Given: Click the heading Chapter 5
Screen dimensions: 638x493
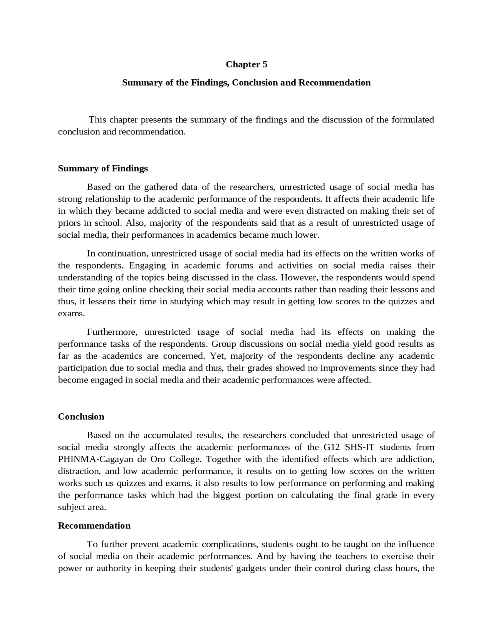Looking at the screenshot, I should click(246, 64).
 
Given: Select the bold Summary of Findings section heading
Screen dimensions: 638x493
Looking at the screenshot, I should click(103, 168).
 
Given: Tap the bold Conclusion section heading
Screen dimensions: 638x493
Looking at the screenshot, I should click(81, 416).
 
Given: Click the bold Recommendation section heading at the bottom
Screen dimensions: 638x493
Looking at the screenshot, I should click(94, 526).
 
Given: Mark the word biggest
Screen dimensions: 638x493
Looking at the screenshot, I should click(227, 495).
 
